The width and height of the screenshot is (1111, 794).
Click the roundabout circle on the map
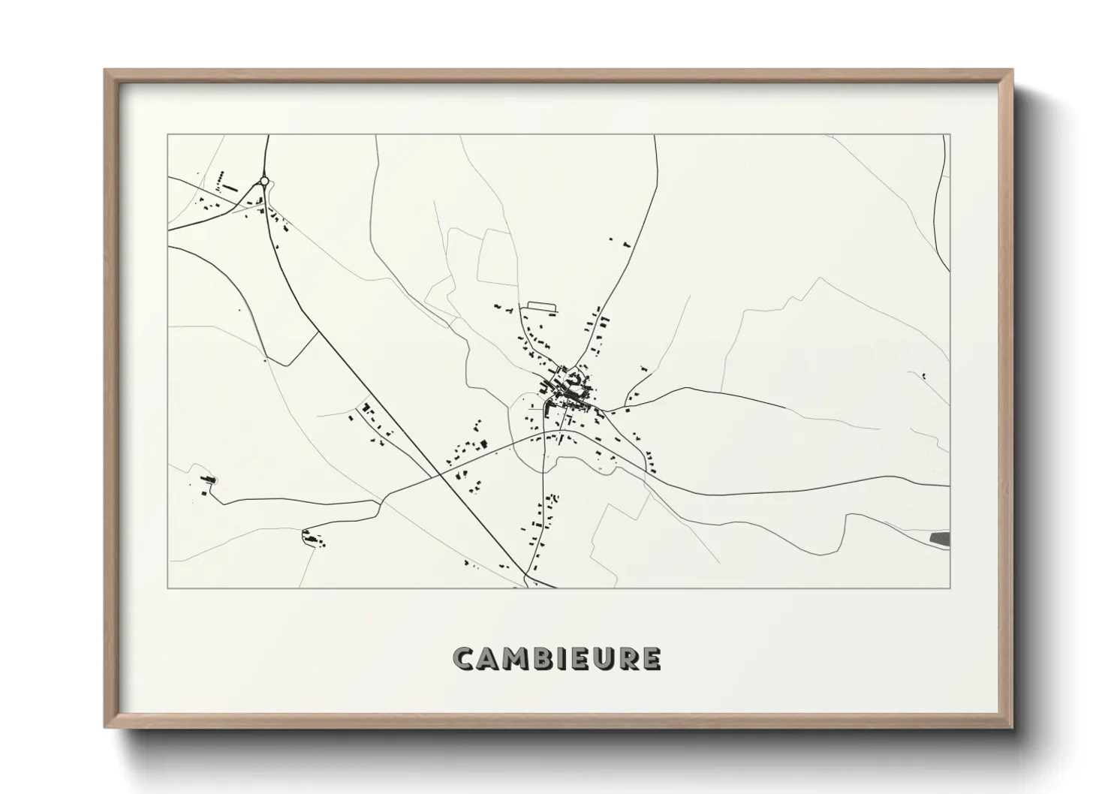coord(264,180)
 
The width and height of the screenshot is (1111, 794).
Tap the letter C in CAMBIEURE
coord(465,659)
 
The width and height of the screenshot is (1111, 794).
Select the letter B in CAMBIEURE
coord(546,659)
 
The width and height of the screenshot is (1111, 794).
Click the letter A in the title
coord(489,659)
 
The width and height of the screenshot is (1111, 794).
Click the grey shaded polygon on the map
coord(939,537)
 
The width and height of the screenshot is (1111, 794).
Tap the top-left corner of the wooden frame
coord(106,71)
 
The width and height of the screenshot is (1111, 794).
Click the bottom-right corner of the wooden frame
coord(1012,727)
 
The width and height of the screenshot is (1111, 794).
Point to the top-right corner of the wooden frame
coord(1012,71)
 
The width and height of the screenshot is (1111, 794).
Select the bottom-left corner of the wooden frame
coord(106,727)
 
